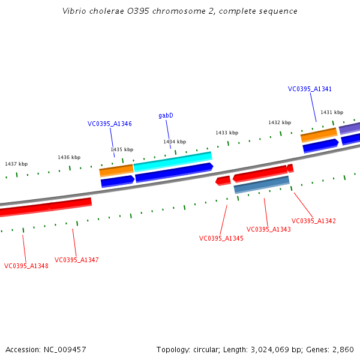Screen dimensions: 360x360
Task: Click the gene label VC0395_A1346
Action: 110,124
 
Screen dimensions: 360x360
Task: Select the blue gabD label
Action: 166,115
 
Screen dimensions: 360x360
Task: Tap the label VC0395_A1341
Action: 310,89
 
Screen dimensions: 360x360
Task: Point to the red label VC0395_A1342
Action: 314,221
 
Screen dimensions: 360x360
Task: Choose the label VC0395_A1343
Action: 269,229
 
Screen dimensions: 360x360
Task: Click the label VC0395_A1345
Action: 221,238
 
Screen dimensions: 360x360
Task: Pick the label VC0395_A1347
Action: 77,260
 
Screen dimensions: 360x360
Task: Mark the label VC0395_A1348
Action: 26,266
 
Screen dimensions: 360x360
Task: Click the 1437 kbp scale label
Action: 16,164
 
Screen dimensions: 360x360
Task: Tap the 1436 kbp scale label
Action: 69,157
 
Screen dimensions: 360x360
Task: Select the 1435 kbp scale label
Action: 122,149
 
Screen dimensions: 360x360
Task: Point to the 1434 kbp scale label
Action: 175,142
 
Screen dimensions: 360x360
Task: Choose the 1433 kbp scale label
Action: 227,133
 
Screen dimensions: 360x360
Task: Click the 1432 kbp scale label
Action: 280,122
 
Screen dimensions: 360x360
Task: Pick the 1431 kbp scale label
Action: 332,112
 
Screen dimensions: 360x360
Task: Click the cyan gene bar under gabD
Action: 173,160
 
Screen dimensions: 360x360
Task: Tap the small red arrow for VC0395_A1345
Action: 223,180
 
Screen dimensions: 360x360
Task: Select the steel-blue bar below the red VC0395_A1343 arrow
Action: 262,184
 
